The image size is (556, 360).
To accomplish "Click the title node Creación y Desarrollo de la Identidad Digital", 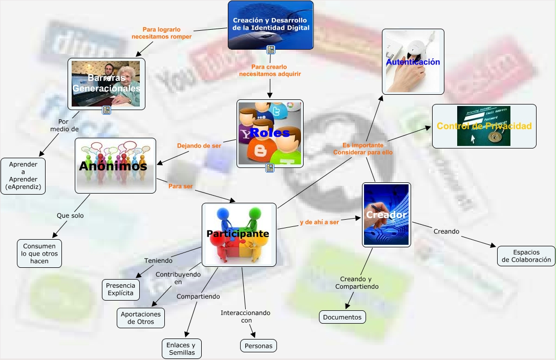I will pos(270,24).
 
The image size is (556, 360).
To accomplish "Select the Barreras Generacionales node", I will pos(106,83).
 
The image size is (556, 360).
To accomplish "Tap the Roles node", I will pos(270,133).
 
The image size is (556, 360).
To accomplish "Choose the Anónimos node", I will pos(115,165).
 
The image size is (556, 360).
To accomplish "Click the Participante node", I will pos(239,234).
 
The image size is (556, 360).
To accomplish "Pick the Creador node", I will pos(386,215).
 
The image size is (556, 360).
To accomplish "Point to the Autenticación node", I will pos(413,61).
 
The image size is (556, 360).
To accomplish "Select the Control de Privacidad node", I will pos(484,126).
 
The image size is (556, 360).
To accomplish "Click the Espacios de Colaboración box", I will pos(526,256).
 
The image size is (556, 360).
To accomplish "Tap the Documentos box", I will pos(343,317).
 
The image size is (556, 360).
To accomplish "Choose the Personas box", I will pos(258,346).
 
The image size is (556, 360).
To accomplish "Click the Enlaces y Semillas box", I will pos(181,349).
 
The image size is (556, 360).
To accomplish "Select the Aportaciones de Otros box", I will pos(141,317).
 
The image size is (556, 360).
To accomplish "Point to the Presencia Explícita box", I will pos(121,289).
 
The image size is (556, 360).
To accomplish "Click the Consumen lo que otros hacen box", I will pos(39,253).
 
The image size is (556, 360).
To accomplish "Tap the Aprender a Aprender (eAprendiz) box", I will pos(23,176).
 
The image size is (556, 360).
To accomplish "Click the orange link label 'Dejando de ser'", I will pos(199,145).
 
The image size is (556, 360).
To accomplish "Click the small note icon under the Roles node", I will pos(270,167).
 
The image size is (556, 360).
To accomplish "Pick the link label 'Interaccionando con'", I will pos(246,316).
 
